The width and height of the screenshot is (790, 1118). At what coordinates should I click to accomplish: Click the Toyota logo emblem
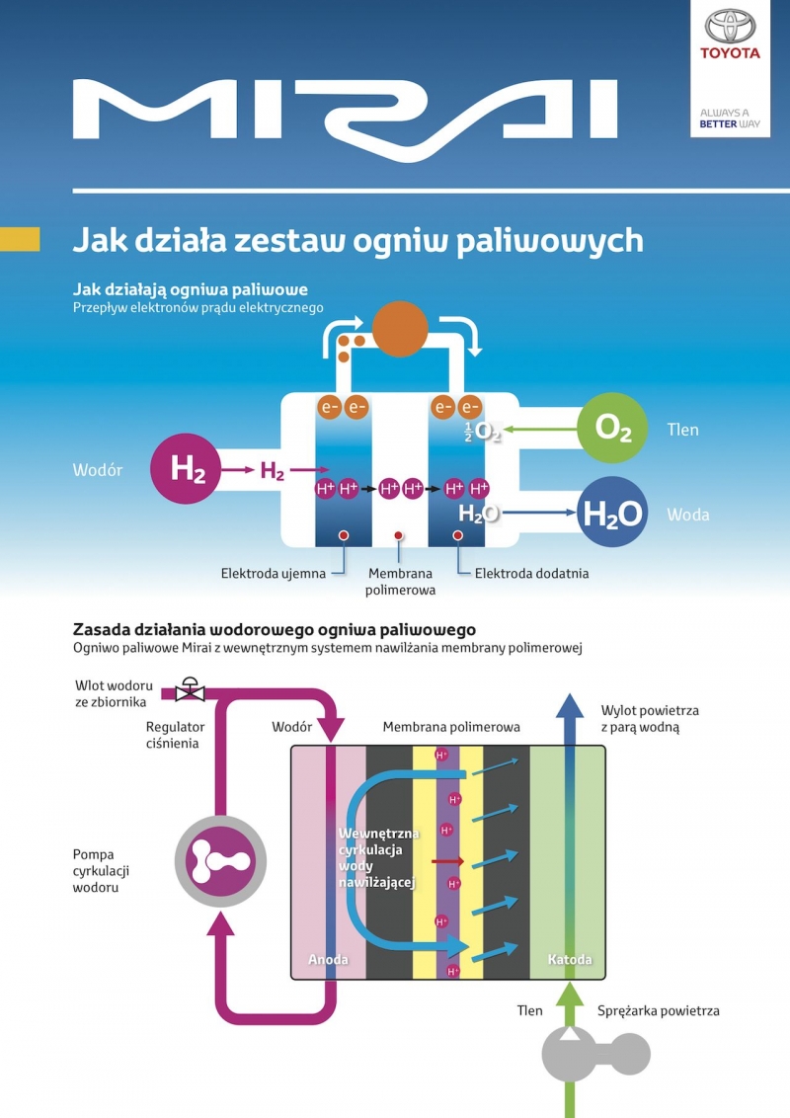point(730,27)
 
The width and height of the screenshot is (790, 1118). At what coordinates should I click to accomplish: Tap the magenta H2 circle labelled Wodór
point(186,468)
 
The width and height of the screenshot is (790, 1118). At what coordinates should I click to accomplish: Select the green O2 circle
point(612,428)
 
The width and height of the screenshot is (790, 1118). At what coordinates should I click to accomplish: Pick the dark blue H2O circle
point(612,512)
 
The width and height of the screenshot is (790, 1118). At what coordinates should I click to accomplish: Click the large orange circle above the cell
point(400,328)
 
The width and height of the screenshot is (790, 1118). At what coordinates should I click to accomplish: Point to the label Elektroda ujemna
point(274,573)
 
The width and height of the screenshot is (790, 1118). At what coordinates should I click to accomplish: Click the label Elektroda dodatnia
point(532,573)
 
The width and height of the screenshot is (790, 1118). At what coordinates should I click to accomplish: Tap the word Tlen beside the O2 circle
point(682,430)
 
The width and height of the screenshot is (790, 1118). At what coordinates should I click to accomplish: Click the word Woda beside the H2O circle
point(688,515)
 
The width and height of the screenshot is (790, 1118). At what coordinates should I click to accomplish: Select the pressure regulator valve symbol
point(190,689)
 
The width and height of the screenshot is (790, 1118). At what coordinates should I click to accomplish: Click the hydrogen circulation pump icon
point(220,861)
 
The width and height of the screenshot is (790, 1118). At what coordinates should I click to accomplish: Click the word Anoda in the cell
point(328,959)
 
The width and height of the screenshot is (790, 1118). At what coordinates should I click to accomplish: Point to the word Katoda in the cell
point(570,959)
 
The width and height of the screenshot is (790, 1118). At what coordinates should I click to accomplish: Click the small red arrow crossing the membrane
point(447,861)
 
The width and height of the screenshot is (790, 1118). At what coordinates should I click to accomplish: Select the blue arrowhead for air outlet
point(569,705)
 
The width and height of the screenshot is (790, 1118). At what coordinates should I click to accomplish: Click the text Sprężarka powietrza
point(658,1010)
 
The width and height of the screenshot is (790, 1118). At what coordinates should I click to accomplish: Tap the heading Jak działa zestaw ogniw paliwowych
point(357,240)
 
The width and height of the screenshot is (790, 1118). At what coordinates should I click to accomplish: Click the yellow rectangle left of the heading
point(20,239)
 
